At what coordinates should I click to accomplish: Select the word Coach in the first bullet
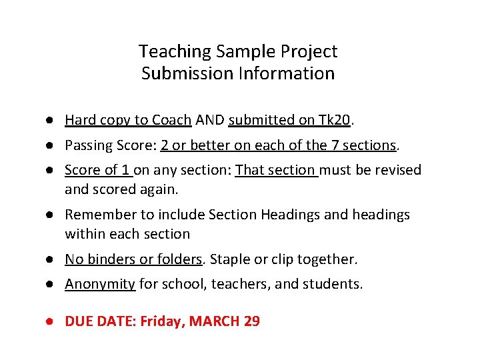click(x=172, y=120)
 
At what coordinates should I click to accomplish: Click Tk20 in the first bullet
click(x=334, y=120)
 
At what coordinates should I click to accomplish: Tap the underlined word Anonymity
click(x=100, y=284)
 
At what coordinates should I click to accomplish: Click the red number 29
click(x=251, y=321)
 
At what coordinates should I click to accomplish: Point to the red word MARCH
click(x=215, y=321)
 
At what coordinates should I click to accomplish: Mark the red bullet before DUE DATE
click(x=51, y=321)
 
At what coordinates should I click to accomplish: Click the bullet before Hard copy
click(x=51, y=120)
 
